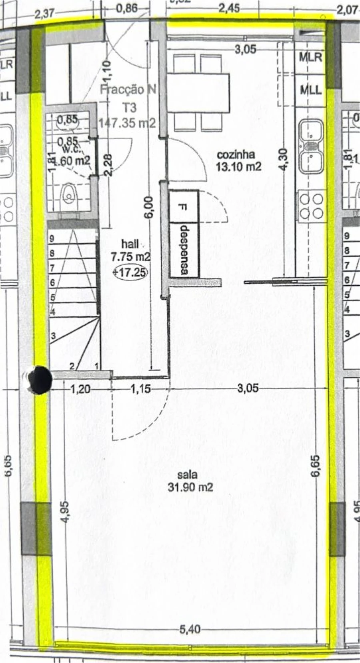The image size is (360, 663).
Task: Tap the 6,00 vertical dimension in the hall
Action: (x=148, y=208)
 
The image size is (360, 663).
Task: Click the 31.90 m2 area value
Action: (x=190, y=487)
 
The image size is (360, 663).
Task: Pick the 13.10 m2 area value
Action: (x=238, y=166)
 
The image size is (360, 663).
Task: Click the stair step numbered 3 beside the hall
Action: (x=53, y=337)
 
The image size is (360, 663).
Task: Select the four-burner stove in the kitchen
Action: (x=311, y=206)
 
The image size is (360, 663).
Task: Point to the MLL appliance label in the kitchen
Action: (x=310, y=90)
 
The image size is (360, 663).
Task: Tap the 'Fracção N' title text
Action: (x=128, y=90)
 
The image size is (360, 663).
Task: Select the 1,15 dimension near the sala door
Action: (x=140, y=389)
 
